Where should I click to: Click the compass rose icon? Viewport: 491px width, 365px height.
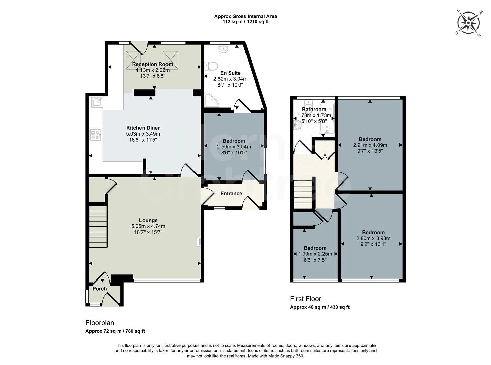(x=468, y=23)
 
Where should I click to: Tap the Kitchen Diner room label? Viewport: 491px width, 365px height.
(x=143, y=128)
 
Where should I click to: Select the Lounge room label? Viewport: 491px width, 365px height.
(x=148, y=220)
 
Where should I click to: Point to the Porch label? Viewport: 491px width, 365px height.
(x=100, y=289)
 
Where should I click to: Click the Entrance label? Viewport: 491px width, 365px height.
(x=231, y=194)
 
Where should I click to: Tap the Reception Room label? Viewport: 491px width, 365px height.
(x=153, y=64)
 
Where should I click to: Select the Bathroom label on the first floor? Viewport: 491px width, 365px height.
(x=314, y=109)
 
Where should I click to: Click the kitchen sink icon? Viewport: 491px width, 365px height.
(x=97, y=101)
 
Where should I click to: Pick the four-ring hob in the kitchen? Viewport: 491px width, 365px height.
(x=95, y=135)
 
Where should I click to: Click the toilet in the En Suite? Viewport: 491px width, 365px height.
(x=212, y=66)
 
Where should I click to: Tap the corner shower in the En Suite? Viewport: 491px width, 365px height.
(x=211, y=100)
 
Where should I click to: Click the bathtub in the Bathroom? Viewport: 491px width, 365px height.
(x=327, y=117)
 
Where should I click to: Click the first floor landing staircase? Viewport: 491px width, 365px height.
(x=303, y=194)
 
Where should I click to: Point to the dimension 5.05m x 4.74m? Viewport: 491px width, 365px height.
(x=148, y=226)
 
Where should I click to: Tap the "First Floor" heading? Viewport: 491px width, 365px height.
(x=306, y=299)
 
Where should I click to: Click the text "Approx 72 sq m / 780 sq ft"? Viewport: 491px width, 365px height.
(x=115, y=331)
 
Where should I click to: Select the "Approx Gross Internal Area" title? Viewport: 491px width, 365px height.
(x=245, y=16)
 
